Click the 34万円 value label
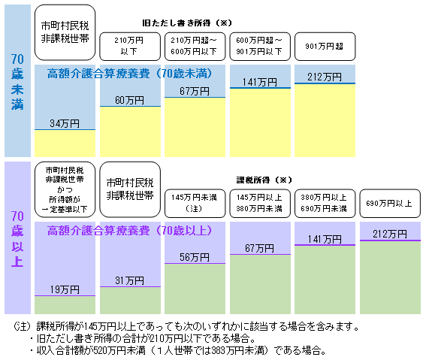tap(65, 123)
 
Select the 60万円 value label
tap(129, 100)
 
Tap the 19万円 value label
tap(65, 289)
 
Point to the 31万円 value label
tap(129, 280)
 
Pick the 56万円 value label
tap(195, 257)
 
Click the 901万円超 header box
tap(325, 47)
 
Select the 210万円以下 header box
tap(130, 47)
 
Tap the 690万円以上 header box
tap(390, 204)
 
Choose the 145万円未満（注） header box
tap(195, 204)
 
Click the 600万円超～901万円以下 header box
tap(260, 47)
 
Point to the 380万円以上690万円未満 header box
tap(325, 204)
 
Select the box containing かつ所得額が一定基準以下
tap(65, 189)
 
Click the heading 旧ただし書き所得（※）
tap(187, 23)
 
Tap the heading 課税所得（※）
tap(264, 180)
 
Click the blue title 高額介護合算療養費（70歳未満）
tap(129, 74)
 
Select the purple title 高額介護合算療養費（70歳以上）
tap(129, 231)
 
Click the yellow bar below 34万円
tap(65, 144)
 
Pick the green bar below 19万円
tap(65, 305)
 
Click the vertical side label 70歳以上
tap(17, 238)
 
